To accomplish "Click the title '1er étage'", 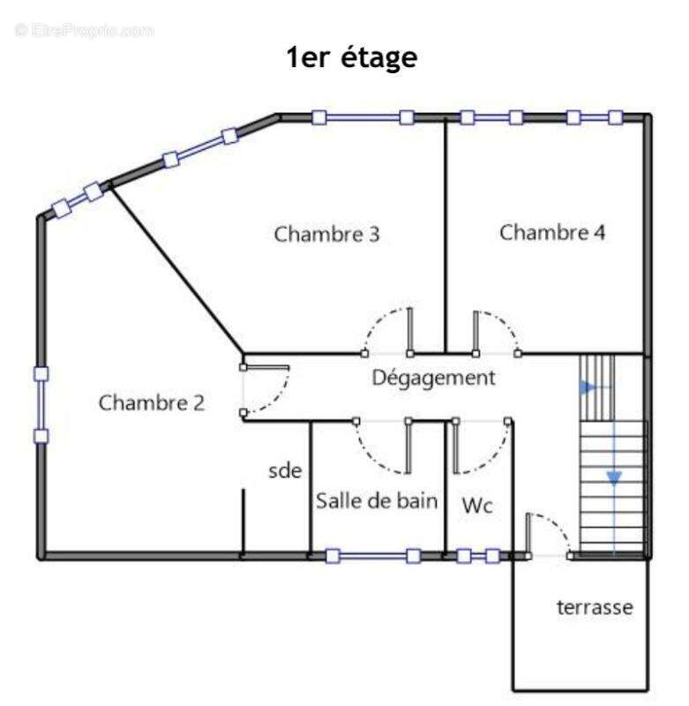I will click(x=350, y=59).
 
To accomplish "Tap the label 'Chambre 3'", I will click(x=327, y=235).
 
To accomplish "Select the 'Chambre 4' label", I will click(x=552, y=233).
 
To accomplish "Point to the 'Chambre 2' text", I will click(x=152, y=403).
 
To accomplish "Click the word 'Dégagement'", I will click(x=433, y=379).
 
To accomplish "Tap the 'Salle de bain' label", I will click(x=377, y=501).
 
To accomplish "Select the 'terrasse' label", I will click(x=595, y=608).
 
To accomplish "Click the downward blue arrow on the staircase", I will click(x=613, y=478).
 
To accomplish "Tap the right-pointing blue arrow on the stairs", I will click(x=588, y=387).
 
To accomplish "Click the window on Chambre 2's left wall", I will click(x=41, y=404).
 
